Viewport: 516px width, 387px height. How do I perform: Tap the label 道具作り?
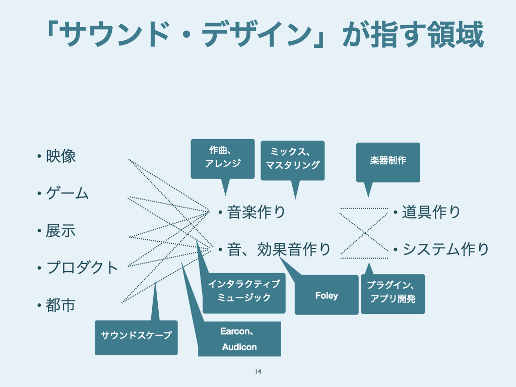click(431, 212)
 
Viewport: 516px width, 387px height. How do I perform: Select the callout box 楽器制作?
click(388, 162)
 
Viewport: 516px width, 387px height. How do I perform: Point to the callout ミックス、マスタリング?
click(293, 159)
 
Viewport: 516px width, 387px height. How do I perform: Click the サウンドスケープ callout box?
click(136, 336)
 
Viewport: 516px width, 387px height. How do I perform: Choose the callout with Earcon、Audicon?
click(239, 339)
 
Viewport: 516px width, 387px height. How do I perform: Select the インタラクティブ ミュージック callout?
click(244, 291)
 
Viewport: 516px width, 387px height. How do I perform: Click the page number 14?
click(258, 372)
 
